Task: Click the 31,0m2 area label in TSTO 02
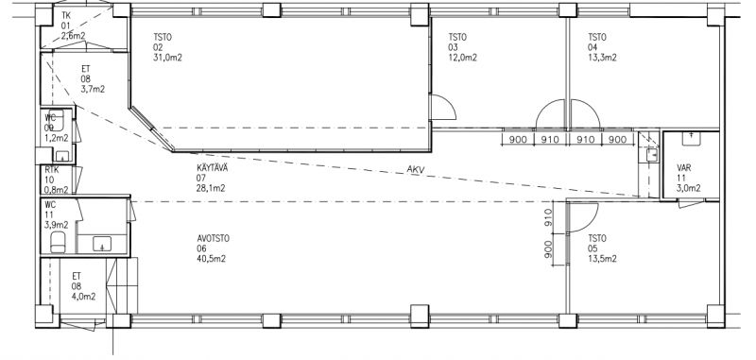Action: (168, 58)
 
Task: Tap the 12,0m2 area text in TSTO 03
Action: (463, 58)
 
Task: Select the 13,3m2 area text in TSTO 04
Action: (602, 58)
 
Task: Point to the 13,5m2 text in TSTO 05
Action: (602, 259)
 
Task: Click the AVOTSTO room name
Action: (214, 238)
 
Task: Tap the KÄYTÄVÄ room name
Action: (212, 169)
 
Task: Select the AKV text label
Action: (415, 169)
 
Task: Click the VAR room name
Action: (684, 168)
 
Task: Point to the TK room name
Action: (66, 15)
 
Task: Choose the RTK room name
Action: (52, 170)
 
